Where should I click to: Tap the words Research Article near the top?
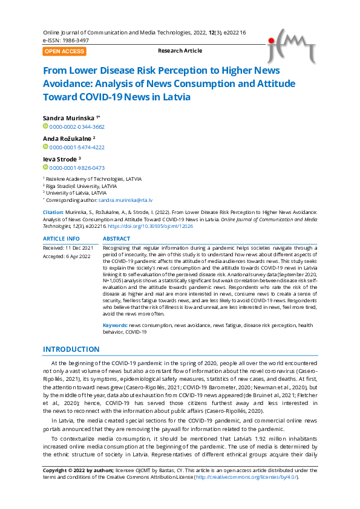(x=180, y=51)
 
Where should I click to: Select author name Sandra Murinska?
(x=69, y=117)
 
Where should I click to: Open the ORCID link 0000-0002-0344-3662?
(x=77, y=127)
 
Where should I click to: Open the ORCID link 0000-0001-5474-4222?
(x=77, y=147)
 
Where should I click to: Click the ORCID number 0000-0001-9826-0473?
(x=77, y=167)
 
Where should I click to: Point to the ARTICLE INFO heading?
(x=61, y=239)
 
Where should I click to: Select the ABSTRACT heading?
(x=117, y=239)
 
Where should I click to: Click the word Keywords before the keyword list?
(x=114, y=325)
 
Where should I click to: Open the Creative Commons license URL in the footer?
(x=247, y=477)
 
